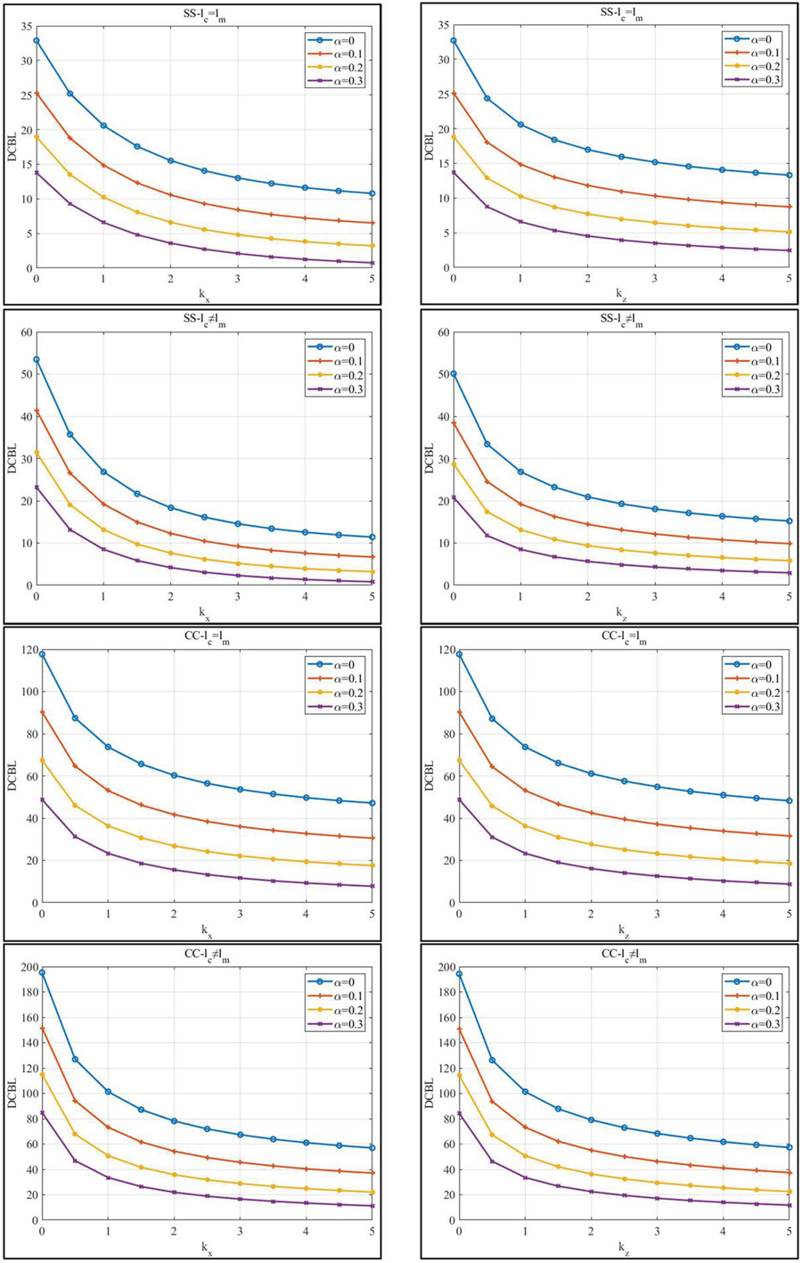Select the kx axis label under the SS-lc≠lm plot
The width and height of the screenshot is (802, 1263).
[x=204, y=612]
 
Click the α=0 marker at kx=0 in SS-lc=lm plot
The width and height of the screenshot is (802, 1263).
[x=37, y=41]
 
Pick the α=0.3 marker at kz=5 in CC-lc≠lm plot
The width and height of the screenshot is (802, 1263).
[x=790, y=1205]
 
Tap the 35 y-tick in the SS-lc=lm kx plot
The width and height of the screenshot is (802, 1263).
[x=23, y=27]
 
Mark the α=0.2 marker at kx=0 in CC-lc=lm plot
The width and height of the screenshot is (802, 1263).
[x=41, y=760]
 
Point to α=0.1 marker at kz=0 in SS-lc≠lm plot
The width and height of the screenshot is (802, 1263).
[x=454, y=423]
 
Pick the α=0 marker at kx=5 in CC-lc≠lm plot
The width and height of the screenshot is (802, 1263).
[x=372, y=1147]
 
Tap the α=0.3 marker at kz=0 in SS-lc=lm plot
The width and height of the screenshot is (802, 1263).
[x=454, y=172]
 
